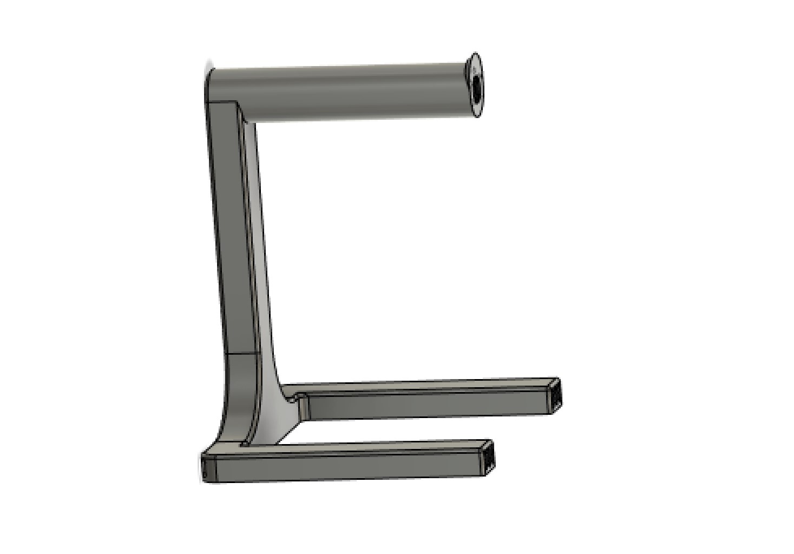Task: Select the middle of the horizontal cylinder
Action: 341,92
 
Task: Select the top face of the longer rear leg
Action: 422,386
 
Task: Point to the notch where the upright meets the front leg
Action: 245,444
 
